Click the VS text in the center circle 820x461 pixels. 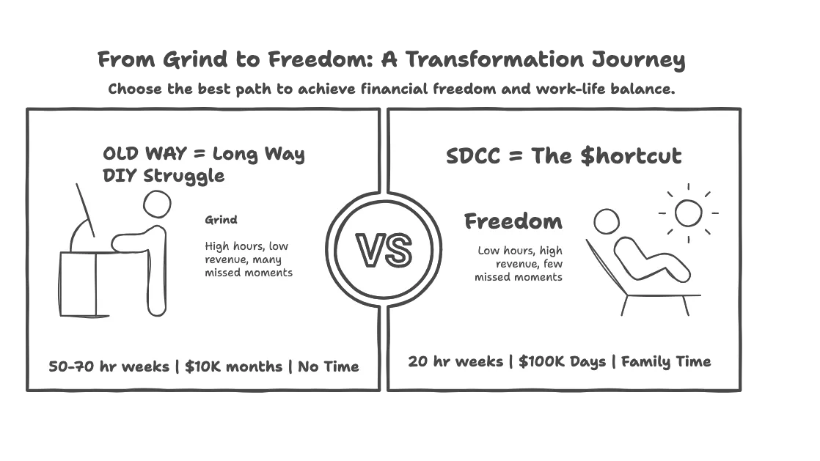(x=384, y=251)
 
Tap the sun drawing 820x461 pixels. (x=688, y=213)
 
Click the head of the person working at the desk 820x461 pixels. (x=157, y=204)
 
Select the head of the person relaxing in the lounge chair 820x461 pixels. (x=607, y=221)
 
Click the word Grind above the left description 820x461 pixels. (x=221, y=220)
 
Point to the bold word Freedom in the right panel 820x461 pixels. (x=513, y=221)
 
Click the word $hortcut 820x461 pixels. (x=632, y=156)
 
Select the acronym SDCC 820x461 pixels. (x=473, y=156)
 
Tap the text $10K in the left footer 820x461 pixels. (x=203, y=366)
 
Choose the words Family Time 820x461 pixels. (x=666, y=362)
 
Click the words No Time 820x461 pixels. (x=329, y=366)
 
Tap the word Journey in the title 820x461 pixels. (x=639, y=60)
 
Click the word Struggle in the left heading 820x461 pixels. (x=183, y=176)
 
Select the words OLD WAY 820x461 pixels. (x=144, y=154)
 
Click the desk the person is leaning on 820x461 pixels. (x=78, y=284)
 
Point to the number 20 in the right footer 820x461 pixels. (x=418, y=362)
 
